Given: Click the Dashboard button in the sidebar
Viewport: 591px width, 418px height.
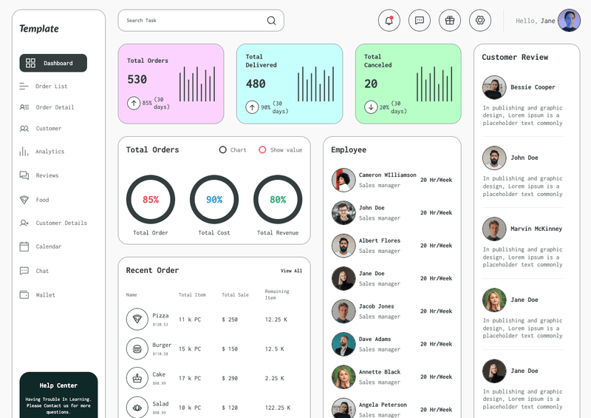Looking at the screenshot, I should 53,63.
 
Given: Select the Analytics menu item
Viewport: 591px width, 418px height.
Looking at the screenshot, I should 49,152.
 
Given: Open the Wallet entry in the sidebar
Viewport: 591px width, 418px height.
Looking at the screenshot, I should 45,295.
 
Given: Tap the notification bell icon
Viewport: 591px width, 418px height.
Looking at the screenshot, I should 389,21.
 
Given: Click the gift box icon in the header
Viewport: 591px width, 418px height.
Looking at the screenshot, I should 449,21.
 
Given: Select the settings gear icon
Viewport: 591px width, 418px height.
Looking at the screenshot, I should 479,21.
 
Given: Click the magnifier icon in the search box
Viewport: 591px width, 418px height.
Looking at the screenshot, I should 271,21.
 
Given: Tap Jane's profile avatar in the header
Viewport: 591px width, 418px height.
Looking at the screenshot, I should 569,21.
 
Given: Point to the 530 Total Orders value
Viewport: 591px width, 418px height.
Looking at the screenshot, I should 137,80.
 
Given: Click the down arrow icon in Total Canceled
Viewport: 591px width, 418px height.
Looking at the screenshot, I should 370,107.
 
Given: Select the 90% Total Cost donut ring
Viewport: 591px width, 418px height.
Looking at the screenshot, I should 214,200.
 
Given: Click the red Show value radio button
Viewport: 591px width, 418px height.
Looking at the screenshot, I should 262,150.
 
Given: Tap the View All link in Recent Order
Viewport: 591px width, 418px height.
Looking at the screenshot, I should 291,271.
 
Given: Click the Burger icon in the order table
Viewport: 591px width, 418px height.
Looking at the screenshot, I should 137,348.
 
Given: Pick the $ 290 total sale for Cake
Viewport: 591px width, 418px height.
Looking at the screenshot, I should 230,378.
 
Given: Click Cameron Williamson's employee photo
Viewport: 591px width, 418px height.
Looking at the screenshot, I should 344,180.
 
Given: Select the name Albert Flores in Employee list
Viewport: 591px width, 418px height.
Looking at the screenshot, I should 380,240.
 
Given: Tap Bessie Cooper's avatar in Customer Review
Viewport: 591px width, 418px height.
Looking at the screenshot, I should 494,87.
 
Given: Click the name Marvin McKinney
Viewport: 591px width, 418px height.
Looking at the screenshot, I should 536,229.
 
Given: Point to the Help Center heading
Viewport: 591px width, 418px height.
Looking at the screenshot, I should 58,385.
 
